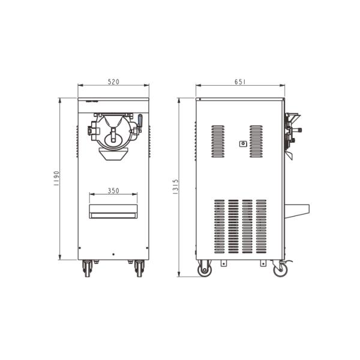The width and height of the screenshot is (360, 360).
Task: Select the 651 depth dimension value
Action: pyautogui.click(x=239, y=81)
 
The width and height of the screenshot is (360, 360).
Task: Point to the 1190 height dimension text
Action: pyautogui.click(x=56, y=179)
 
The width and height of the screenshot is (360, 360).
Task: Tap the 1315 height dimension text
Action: pyautogui.click(x=175, y=187)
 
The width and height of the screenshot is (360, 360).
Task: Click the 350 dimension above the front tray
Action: pyautogui.click(x=113, y=191)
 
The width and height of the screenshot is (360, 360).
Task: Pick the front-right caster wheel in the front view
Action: pyautogui.click(x=139, y=269)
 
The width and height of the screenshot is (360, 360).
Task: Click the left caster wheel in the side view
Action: pyautogui.click(x=205, y=270)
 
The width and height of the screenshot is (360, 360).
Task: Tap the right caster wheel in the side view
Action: pyautogui.click(x=279, y=270)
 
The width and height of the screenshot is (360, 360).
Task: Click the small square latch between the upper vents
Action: pyautogui.click(x=242, y=143)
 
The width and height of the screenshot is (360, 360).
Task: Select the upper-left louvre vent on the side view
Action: pyautogui.click(x=218, y=142)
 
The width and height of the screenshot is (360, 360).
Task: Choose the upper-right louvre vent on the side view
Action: pyautogui.click(x=256, y=142)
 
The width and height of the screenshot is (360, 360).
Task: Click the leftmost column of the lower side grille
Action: pyautogui.click(x=220, y=227)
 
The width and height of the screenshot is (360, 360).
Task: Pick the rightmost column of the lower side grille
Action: pyautogui.click(x=261, y=227)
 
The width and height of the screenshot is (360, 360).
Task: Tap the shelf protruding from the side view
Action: pyautogui.click(x=296, y=210)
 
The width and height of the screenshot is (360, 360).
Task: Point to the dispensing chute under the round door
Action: pyautogui.click(x=113, y=155)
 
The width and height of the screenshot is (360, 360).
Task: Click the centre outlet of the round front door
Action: pyautogui.click(x=113, y=139)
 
